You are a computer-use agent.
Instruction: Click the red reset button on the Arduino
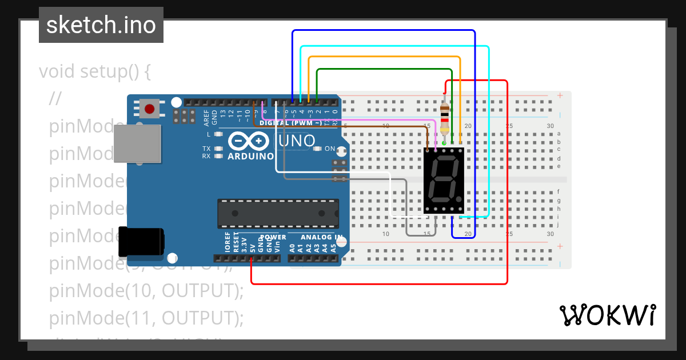point(150,109)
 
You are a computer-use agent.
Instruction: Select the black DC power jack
point(141,242)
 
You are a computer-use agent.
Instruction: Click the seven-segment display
point(444,181)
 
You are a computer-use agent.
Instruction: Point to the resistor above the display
point(445,117)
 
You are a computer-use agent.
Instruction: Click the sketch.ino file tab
point(101,25)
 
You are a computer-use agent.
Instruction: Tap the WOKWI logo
point(607,315)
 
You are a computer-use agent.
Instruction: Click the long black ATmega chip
point(278,213)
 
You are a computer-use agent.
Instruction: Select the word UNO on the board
point(297,141)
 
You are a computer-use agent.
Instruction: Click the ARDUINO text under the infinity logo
point(250,156)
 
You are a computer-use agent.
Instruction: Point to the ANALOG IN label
point(322,237)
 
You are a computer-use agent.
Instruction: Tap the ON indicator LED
point(317,149)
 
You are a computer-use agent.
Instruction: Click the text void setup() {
point(95,72)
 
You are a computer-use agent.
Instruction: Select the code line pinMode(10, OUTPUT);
point(146,291)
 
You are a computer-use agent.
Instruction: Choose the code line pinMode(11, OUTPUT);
point(146,318)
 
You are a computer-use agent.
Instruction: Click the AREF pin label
point(207,118)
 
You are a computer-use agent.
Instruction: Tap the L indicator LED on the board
point(218,134)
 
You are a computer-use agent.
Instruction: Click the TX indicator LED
point(218,149)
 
